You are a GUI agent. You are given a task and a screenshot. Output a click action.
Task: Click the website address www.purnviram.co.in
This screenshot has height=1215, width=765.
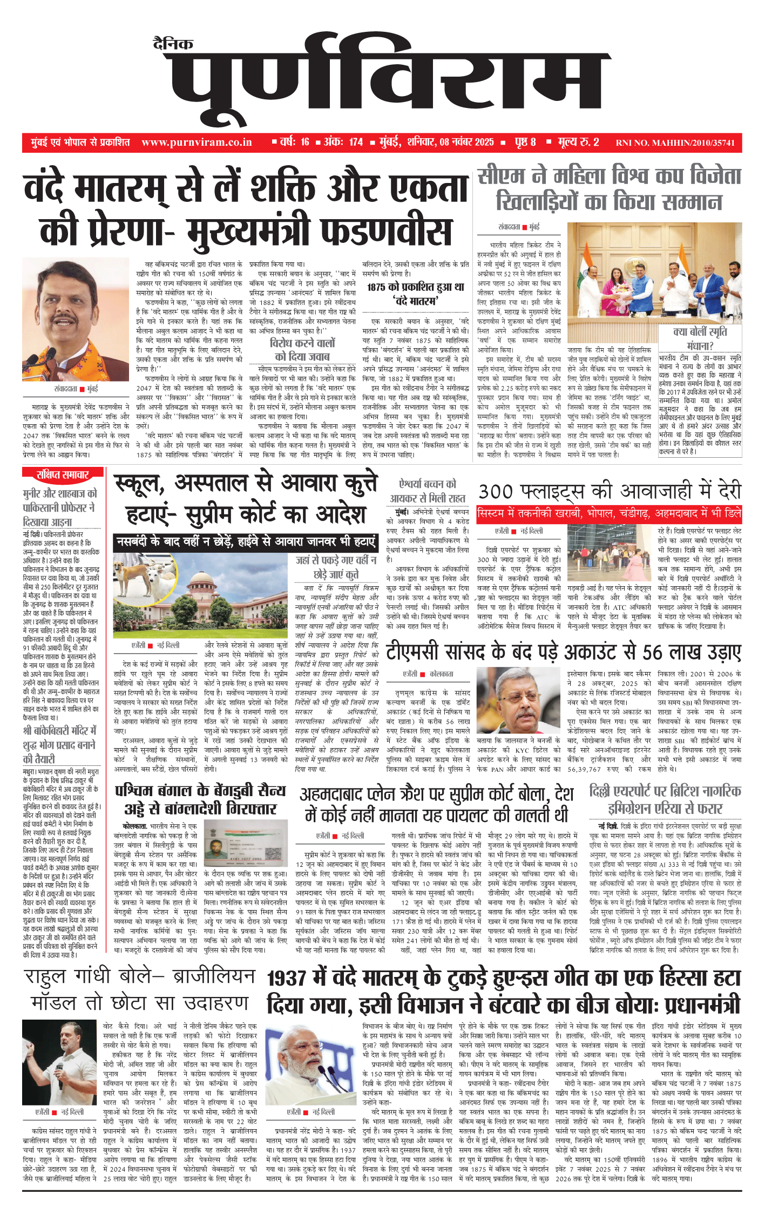coord(197,142)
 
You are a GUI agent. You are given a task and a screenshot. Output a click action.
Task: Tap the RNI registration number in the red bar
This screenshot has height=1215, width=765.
coord(675,143)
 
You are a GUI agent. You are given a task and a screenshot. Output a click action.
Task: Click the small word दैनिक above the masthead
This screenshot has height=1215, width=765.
coord(173,44)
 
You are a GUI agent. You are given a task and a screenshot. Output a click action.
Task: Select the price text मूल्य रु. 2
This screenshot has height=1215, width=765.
coord(578,142)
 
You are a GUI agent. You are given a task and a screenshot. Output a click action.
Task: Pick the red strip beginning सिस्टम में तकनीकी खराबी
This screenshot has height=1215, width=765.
coord(609,513)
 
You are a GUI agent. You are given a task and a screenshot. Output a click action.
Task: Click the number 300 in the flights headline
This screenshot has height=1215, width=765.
coord(496,492)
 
